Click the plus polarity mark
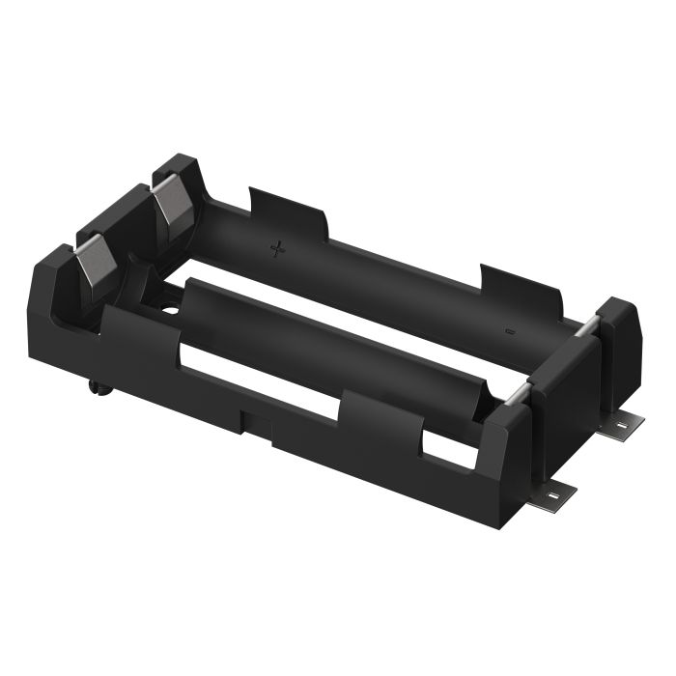tap(278, 249)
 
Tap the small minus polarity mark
tap(510, 331)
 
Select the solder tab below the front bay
tap(554, 494)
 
